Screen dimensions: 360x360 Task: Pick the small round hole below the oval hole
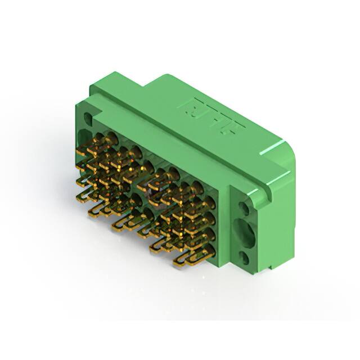click(245, 258)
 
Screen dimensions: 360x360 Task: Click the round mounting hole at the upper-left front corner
click(88, 118)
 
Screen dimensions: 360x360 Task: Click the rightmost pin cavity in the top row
click(197, 186)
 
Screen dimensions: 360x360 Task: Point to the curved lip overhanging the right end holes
click(264, 191)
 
